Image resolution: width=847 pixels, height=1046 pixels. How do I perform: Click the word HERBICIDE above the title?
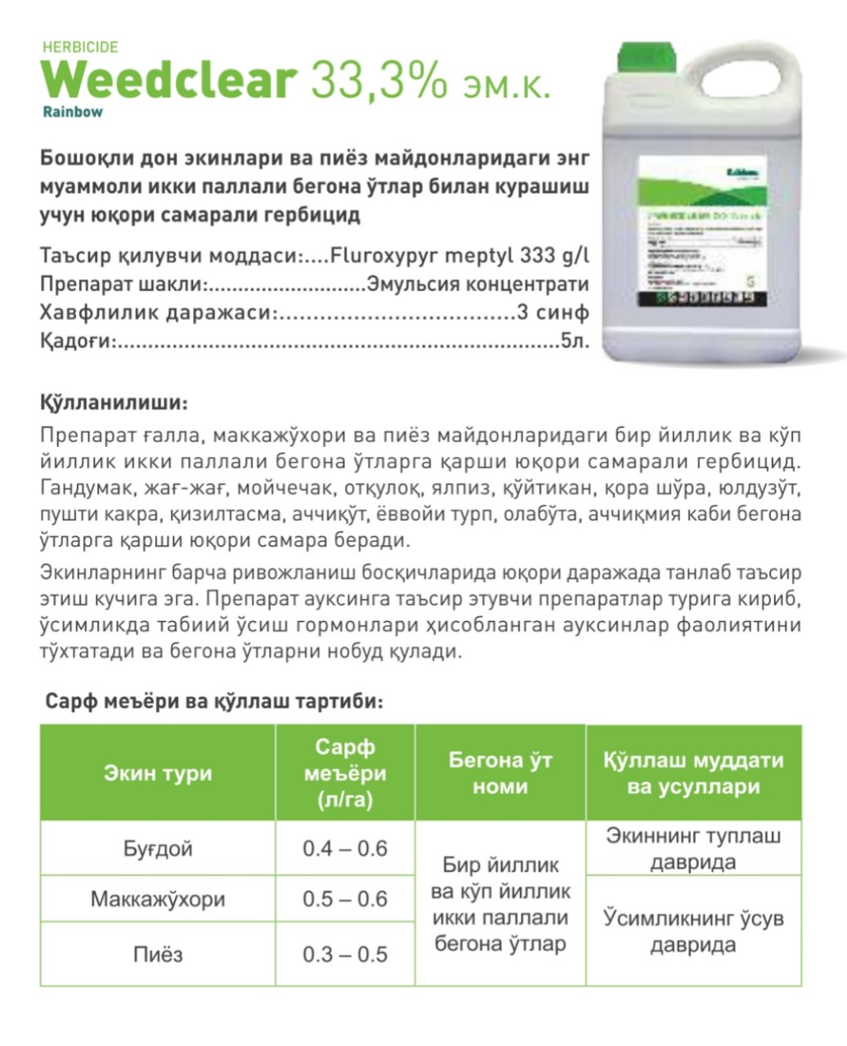(79, 47)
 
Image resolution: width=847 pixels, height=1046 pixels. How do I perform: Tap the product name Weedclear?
(168, 80)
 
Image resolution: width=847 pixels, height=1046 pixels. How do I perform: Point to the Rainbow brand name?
(73, 112)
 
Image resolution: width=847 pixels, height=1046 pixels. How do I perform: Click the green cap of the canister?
(650, 58)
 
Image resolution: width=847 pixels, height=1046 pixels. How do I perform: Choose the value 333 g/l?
(553, 255)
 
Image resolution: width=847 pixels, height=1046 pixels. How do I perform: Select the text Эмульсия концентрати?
(478, 284)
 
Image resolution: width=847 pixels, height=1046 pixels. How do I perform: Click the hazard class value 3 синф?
(553, 313)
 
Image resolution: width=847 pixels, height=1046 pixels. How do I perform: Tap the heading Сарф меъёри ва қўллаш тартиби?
(214, 702)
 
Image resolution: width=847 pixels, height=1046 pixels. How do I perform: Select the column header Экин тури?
(158, 773)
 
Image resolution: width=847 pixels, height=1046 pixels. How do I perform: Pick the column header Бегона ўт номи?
(500, 773)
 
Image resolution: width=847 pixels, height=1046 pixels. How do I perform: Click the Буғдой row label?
(158, 848)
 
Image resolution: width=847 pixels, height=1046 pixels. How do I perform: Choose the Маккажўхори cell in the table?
(158, 899)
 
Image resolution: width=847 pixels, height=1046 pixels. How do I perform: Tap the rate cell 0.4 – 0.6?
(345, 848)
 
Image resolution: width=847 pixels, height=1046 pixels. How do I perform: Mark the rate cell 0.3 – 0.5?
(345, 954)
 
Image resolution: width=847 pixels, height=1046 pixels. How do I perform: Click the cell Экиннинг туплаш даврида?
(693, 848)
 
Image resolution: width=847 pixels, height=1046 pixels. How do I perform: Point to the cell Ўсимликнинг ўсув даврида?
(693, 932)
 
